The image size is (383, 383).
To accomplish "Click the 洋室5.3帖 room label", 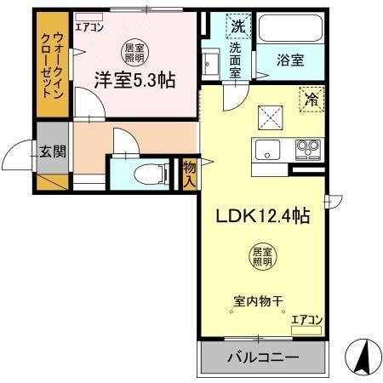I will [x=134, y=80].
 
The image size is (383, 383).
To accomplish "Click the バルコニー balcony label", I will [x=262, y=357].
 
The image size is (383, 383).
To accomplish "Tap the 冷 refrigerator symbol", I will [x=312, y=100].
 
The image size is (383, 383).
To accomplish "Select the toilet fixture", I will [x=154, y=175].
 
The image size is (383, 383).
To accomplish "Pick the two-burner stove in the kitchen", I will [x=306, y=151].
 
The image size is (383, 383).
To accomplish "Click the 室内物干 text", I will [x=258, y=300].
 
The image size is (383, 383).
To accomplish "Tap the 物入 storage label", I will [x=190, y=175].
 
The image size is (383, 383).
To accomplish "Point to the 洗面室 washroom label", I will [x=237, y=60].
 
